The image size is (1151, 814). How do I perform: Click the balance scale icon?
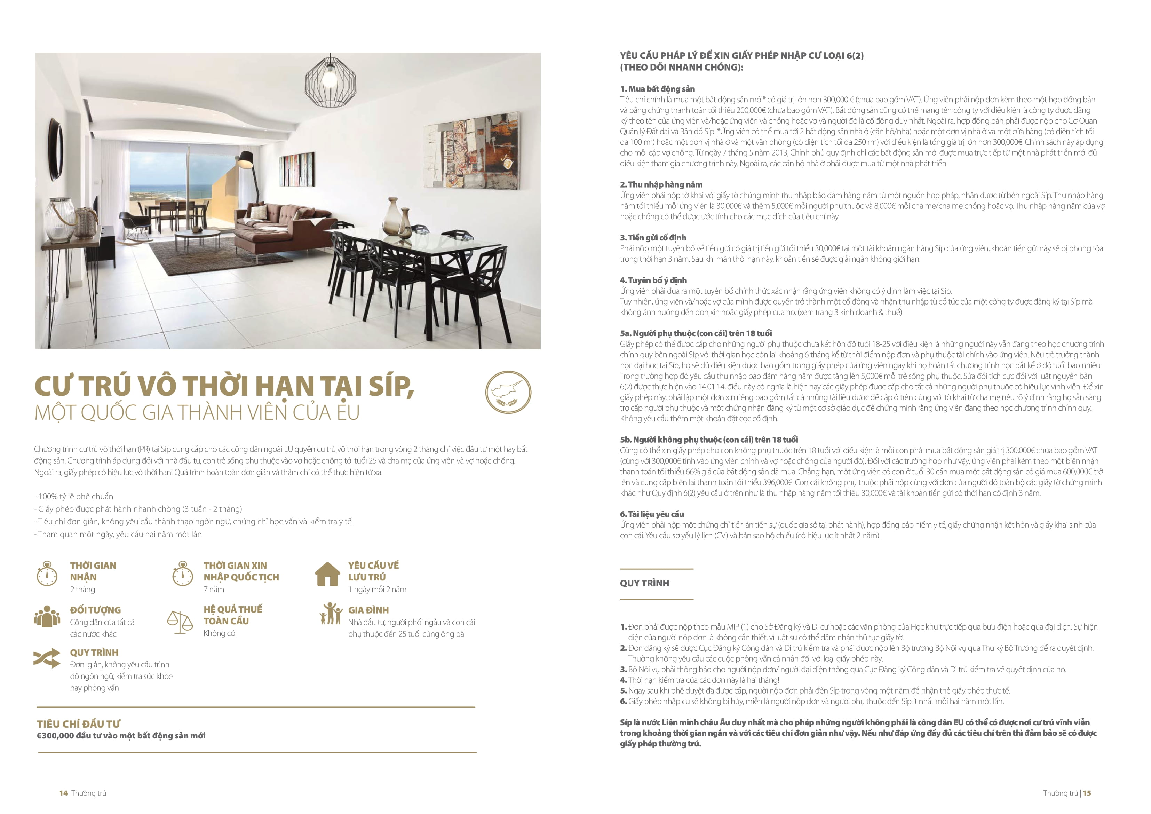tap(180, 622)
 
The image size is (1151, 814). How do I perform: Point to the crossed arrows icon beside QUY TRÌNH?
tap(47, 658)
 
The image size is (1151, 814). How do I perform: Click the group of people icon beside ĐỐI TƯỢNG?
tap(47, 616)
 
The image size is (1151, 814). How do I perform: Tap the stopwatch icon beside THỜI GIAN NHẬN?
tap(47, 574)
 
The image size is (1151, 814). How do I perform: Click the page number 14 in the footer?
tap(63, 793)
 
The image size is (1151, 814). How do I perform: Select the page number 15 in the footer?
tap(1087, 793)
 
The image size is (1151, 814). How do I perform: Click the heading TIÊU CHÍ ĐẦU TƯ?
tap(78, 724)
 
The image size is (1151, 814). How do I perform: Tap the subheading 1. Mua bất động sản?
tap(657, 89)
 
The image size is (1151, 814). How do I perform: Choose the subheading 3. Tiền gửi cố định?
tap(653, 237)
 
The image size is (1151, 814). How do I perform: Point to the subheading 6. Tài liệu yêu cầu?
tap(652, 514)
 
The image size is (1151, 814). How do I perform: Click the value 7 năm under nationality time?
tap(214, 589)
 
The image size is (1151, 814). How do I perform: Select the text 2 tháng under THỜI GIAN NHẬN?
tap(82, 589)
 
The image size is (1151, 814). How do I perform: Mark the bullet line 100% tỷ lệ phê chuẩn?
tap(74, 496)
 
